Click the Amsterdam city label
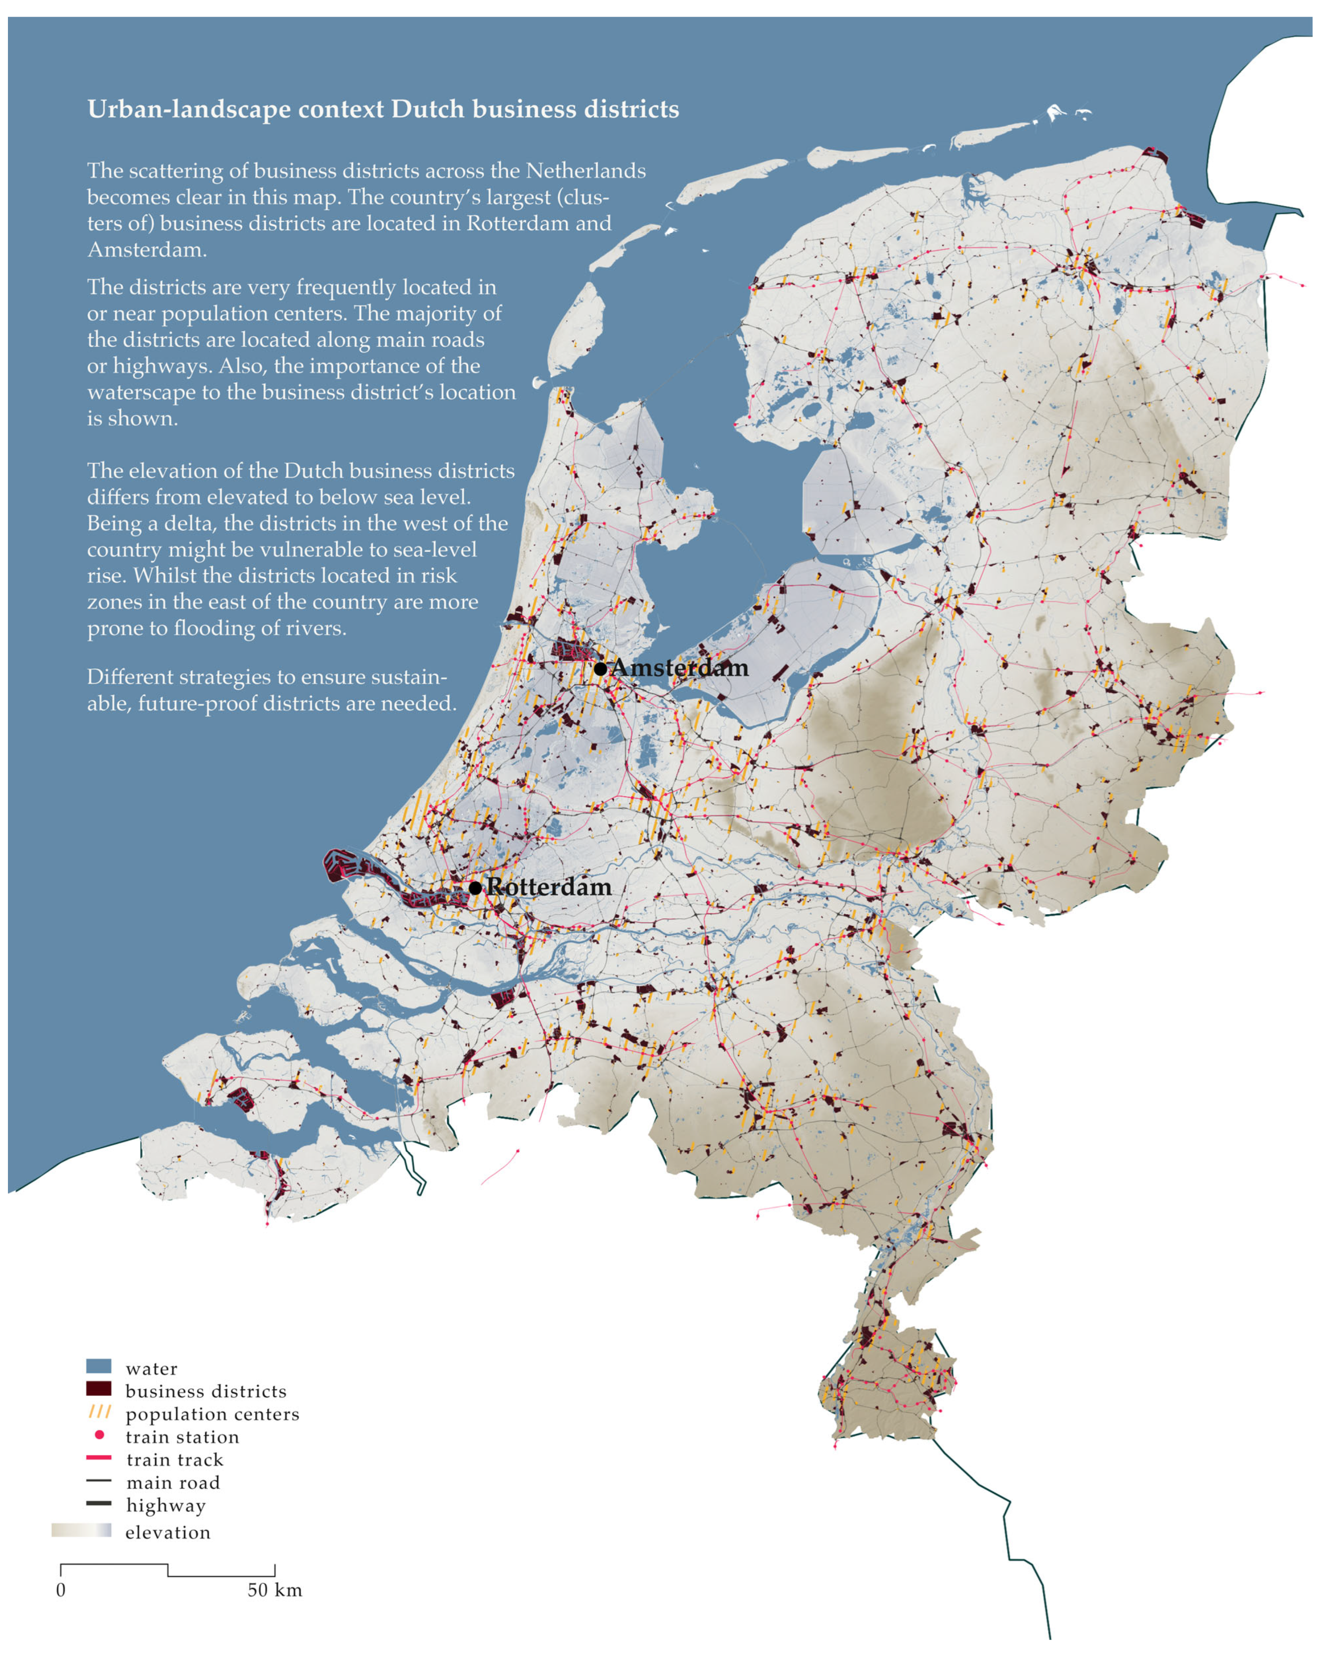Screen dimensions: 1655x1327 (x=679, y=668)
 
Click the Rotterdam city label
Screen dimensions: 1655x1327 (x=550, y=887)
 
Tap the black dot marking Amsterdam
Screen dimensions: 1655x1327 (x=601, y=669)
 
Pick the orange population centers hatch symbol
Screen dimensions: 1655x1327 (x=100, y=1412)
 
